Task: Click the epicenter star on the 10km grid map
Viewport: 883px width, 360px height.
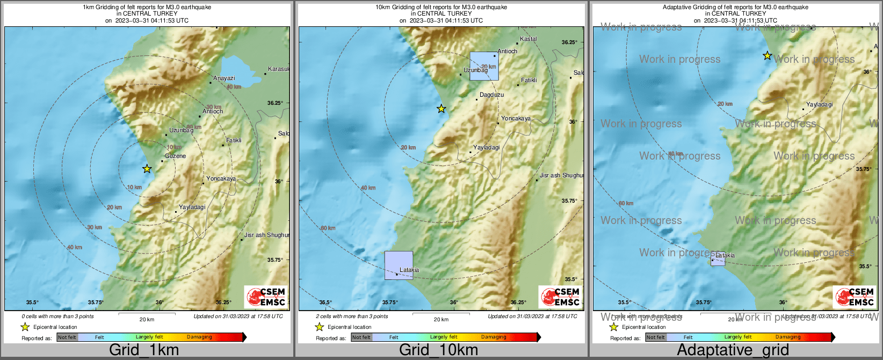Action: coord(441,109)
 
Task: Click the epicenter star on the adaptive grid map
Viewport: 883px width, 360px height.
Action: coord(768,55)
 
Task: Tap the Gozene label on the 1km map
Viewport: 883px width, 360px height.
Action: coord(175,156)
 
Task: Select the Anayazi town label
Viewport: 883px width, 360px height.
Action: coord(224,78)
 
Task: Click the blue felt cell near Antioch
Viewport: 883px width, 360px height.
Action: coord(484,66)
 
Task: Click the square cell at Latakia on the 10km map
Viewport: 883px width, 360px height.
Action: coord(399,265)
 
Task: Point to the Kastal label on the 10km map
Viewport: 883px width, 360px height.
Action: coord(528,39)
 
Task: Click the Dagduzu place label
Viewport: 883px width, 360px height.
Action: coord(491,95)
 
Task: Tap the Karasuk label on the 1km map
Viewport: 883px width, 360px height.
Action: coord(278,69)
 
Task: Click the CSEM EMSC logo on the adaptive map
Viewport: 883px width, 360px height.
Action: coord(854,297)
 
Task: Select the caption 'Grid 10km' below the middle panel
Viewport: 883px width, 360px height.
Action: coord(438,350)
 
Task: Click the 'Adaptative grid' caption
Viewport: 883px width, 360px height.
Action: coord(733,350)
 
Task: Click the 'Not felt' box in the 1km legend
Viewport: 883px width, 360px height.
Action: coord(67,337)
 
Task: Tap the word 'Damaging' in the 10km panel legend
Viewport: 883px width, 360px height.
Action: coord(493,337)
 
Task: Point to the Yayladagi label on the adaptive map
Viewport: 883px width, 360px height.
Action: coord(819,104)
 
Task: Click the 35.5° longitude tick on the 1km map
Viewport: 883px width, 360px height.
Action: coord(33,302)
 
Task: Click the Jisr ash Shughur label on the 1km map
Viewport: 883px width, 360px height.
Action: coord(266,235)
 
